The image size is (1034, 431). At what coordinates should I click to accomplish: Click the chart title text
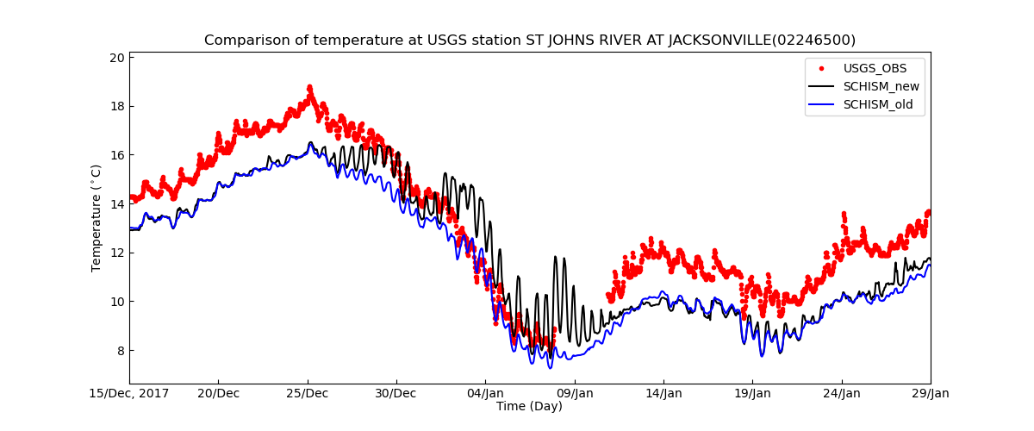[x=529, y=41]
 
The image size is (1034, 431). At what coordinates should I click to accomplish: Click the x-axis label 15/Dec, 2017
[x=129, y=394]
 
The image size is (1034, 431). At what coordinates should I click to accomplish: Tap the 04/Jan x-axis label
[x=485, y=394]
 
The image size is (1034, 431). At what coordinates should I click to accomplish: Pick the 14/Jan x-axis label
[x=663, y=394]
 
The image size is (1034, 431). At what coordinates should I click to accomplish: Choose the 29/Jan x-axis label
[x=930, y=394]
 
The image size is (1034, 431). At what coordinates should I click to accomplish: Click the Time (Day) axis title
[x=529, y=407]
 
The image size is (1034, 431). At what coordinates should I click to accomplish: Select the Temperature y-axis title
[x=97, y=219]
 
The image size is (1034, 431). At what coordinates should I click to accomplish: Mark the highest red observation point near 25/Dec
[x=309, y=88]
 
